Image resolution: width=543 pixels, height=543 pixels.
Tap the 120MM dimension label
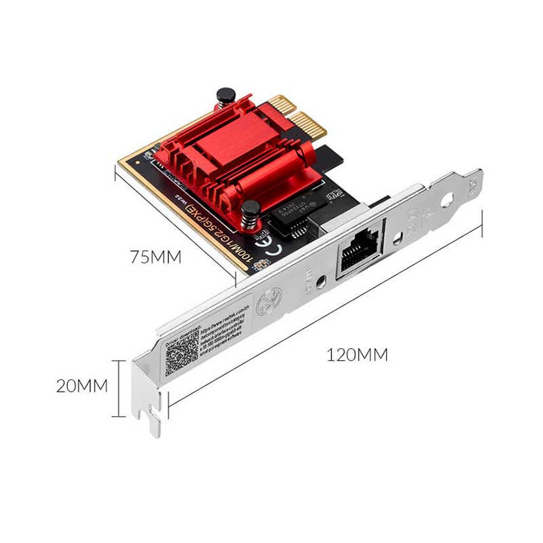357,354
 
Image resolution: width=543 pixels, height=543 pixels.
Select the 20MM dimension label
81,386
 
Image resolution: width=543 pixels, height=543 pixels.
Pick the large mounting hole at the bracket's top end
447,200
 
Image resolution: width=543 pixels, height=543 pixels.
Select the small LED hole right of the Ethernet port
397,238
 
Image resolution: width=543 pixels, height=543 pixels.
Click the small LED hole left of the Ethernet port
323,280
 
